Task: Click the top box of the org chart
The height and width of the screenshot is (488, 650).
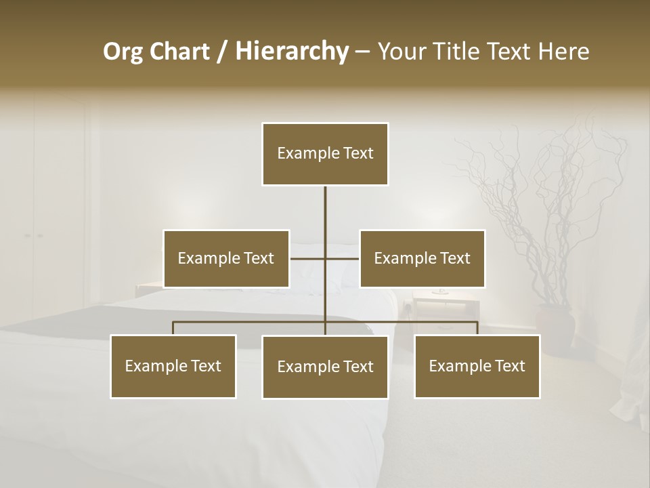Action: [x=325, y=154]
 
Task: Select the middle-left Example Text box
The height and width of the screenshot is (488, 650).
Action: [x=226, y=258]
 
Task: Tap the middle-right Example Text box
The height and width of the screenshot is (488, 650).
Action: [x=422, y=258]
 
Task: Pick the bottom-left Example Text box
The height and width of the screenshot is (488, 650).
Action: [x=173, y=366]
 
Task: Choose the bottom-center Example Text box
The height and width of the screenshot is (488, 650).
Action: [x=325, y=367]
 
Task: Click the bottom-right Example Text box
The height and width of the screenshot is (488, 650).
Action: [x=477, y=366]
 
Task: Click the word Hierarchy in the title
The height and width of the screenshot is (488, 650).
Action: [x=291, y=52]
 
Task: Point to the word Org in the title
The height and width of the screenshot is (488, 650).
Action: [x=123, y=52]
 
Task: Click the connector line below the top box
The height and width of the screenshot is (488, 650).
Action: [x=325, y=210]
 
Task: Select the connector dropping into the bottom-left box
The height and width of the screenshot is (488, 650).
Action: [x=173, y=328]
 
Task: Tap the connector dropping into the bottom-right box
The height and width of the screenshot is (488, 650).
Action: [x=477, y=328]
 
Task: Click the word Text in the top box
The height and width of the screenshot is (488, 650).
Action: [x=357, y=154]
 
